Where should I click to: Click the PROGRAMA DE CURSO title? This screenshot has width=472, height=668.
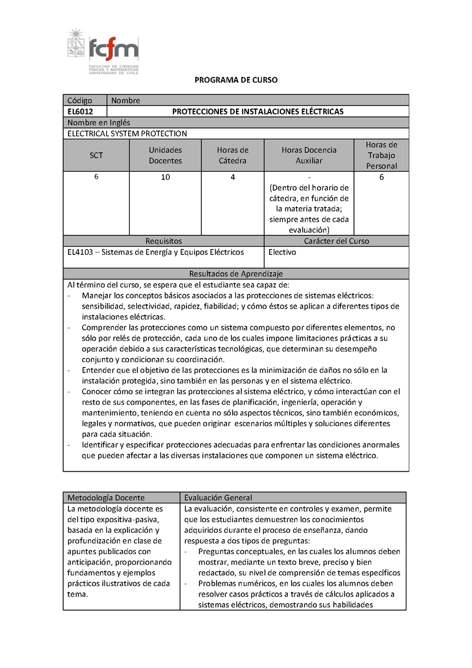pos(236,80)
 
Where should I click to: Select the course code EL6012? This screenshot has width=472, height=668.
pos(80,112)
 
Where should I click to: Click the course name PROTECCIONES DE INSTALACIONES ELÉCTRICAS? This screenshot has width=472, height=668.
pos(257,112)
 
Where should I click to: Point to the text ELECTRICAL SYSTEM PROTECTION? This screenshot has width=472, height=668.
pos(127,134)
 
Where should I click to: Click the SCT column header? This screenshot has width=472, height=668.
pos(96,155)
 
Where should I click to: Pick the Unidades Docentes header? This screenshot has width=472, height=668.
pos(165,155)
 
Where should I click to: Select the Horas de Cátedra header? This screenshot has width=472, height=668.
pos(232,155)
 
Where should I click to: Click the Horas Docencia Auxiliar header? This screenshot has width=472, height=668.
pos(309,155)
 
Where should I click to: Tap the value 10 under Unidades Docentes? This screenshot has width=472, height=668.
pos(165,178)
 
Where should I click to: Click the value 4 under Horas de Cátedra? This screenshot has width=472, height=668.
pos(233,178)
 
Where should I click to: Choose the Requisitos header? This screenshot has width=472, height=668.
pos(163,241)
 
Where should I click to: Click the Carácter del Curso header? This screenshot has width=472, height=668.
pos(336,241)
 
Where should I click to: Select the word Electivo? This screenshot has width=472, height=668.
pos(282,253)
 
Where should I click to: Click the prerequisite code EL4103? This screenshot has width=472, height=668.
pos(80,253)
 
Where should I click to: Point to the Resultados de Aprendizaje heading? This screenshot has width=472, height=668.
pos(236,274)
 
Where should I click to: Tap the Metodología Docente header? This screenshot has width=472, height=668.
pos(106,497)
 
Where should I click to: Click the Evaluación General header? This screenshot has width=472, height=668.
pos(218,497)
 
